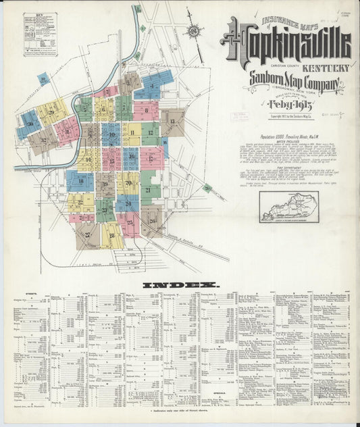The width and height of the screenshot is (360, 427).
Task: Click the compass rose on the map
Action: click(194, 31)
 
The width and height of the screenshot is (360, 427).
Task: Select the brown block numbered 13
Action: click(173, 122)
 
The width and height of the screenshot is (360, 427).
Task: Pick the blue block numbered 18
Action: click(80, 180)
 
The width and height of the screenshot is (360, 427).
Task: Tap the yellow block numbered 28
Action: click(112, 235)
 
